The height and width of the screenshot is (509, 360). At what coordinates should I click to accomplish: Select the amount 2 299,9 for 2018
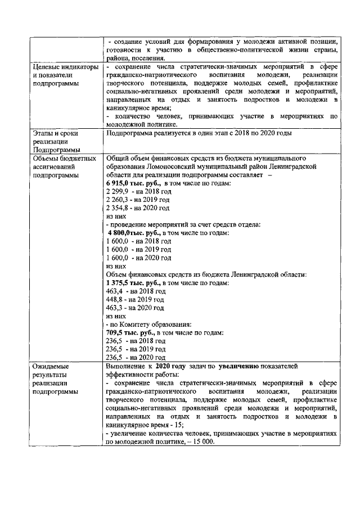pos(116,191)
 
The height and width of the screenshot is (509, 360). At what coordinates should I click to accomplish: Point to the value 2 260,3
pos(116,199)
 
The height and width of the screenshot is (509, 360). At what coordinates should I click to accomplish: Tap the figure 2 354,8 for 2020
pos(116,208)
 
